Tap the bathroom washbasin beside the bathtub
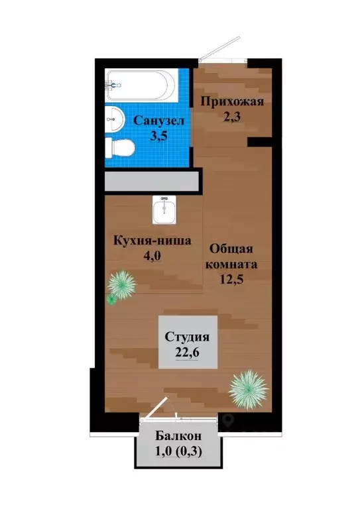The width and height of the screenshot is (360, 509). tap(116, 120)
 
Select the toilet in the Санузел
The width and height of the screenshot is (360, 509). tap(119, 148)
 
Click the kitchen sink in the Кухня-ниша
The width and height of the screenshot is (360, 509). tap(163, 211)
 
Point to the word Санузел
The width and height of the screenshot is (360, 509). tap(159, 121)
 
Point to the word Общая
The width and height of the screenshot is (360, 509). tap(230, 249)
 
